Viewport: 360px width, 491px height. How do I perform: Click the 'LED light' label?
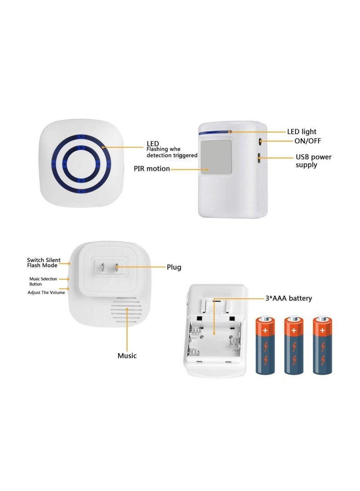click(x=301, y=132)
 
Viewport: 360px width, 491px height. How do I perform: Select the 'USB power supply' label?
click(x=313, y=161)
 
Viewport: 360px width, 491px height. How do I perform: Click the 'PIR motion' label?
click(x=152, y=169)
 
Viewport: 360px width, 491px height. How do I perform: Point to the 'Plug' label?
click(x=174, y=267)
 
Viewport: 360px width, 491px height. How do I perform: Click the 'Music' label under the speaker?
click(x=127, y=356)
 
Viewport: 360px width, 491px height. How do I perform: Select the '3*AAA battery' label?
click(x=288, y=298)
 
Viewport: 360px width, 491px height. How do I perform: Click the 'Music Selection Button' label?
click(x=43, y=281)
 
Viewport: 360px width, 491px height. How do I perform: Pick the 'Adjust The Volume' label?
click(x=46, y=293)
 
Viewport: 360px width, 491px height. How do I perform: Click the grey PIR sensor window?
click(x=215, y=157)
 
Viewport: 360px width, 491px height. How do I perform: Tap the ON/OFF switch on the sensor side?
click(x=260, y=141)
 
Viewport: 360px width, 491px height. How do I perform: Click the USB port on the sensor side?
click(x=260, y=158)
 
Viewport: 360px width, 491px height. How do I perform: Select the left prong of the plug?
click(x=102, y=269)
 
